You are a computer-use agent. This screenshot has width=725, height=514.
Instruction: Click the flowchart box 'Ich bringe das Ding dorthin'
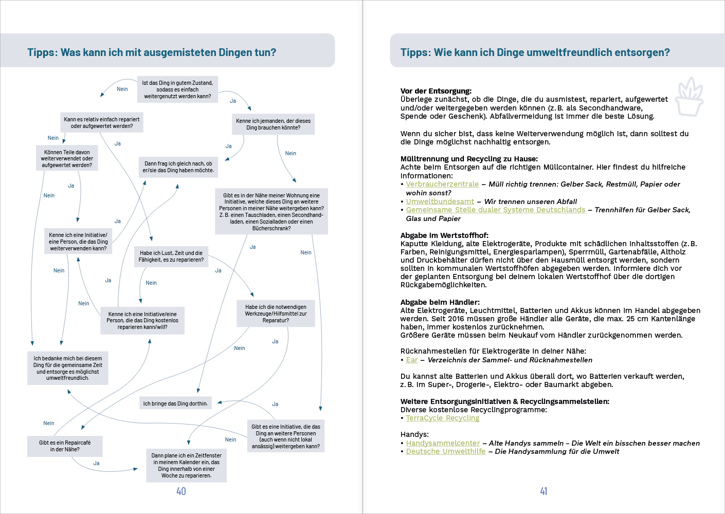[175, 403]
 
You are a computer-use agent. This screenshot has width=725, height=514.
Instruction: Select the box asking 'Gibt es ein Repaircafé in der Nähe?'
[65, 446]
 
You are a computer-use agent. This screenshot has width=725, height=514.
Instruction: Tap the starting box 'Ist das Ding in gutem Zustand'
[177, 89]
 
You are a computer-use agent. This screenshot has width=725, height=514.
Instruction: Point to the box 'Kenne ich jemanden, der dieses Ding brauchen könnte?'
[273, 124]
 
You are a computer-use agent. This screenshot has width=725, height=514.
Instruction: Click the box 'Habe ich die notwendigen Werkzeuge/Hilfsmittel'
[276, 314]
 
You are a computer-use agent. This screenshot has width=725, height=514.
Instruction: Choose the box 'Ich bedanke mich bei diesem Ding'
[67, 368]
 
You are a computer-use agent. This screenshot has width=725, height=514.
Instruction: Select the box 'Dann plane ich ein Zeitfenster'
[186, 465]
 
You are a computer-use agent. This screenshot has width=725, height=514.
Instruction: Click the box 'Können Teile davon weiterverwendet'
[67, 158]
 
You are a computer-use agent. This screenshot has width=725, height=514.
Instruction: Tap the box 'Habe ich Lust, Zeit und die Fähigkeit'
[171, 256]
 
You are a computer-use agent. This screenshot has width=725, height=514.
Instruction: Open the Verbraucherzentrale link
[442, 184]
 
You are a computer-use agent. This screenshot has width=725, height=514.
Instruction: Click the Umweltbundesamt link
[440, 201]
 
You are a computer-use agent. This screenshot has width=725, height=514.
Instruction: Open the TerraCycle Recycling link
[442, 418]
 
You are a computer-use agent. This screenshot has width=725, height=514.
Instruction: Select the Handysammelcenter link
[443, 443]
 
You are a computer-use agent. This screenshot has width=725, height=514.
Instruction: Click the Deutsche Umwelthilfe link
[445, 451]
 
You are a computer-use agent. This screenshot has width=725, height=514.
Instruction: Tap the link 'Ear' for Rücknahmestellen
[411, 360]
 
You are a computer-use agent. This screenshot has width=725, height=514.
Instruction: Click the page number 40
[181, 491]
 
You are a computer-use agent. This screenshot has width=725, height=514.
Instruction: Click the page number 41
[543, 491]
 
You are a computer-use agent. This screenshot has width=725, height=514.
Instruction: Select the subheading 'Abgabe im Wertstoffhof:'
[444, 235]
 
